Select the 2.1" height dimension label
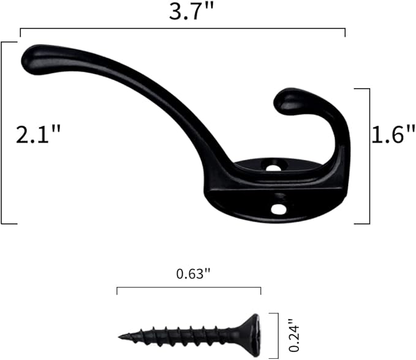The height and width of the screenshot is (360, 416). (39, 135)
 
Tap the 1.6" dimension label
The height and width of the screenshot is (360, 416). (393, 135)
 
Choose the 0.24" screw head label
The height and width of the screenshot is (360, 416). (295, 333)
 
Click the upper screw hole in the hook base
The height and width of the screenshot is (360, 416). (274, 165)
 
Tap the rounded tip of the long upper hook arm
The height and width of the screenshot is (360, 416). (34, 60)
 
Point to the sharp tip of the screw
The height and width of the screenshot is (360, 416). (121, 336)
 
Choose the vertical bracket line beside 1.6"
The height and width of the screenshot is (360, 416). (369, 156)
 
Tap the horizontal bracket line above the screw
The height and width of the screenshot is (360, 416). (189, 287)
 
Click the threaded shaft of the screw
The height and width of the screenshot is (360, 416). (184, 335)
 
